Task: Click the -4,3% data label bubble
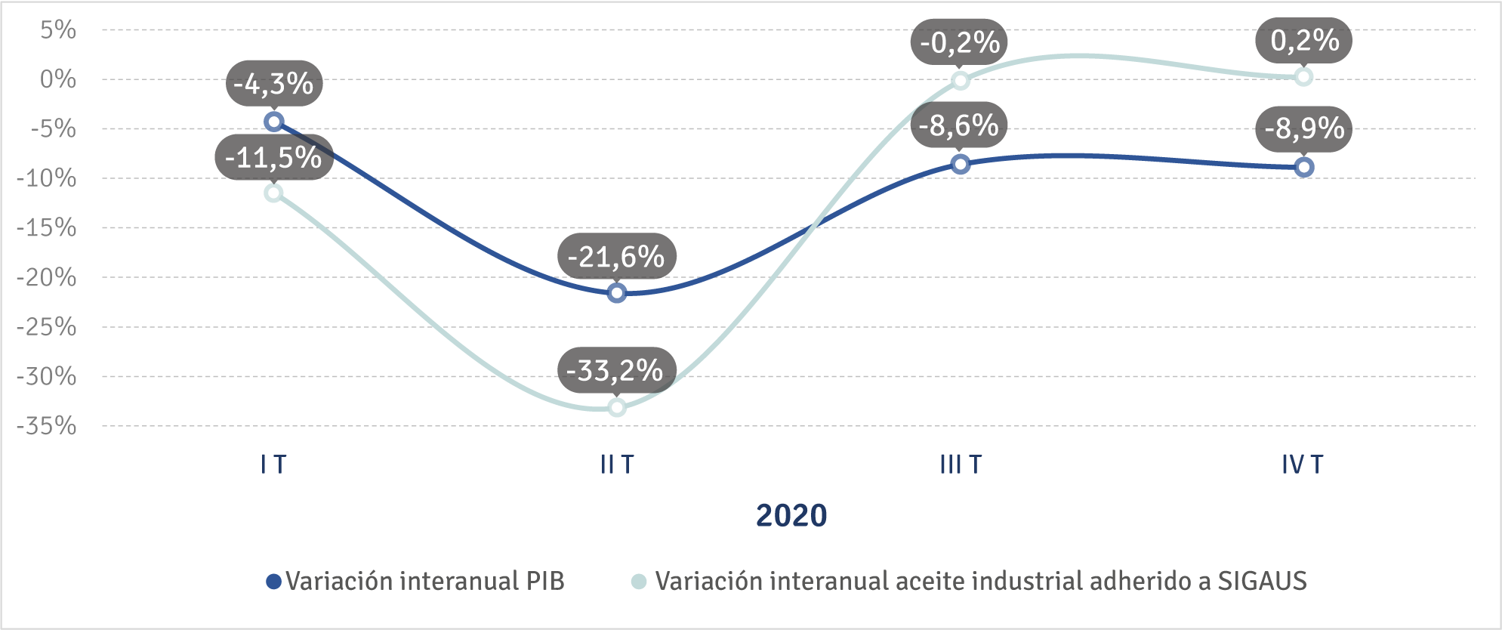(x=273, y=83)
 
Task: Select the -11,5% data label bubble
(x=273, y=158)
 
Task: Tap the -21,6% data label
(x=616, y=257)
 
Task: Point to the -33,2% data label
(x=615, y=370)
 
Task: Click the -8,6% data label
(x=959, y=125)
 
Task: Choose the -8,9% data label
(x=1304, y=128)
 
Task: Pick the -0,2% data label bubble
(x=960, y=42)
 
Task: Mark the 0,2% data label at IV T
(x=1304, y=40)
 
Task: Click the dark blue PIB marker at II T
(x=617, y=293)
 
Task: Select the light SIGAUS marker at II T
(x=617, y=408)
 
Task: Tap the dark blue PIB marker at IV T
(x=1304, y=168)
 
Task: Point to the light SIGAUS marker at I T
(x=274, y=193)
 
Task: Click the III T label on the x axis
(x=961, y=464)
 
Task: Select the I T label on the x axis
(x=273, y=464)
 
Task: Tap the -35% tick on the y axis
(x=47, y=426)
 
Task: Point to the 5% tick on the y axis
(x=58, y=30)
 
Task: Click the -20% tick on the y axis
(x=47, y=277)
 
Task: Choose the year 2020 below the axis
(x=791, y=516)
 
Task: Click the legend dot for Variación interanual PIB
(x=274, y=582)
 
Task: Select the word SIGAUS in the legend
(x=1262, y=581)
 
